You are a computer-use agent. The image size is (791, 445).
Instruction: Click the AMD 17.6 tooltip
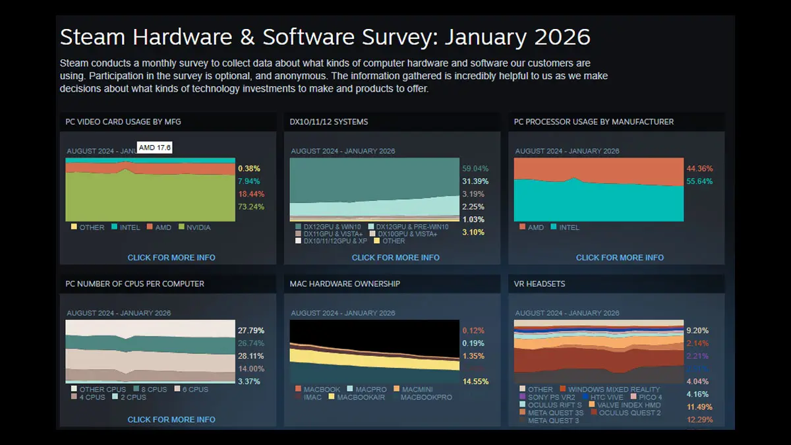[x=155, y=148]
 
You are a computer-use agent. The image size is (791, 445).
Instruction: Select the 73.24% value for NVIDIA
[x=250, y=206]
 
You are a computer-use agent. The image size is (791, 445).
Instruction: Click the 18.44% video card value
[x=250, y=194]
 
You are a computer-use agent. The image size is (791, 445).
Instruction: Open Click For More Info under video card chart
[x=171, y=257]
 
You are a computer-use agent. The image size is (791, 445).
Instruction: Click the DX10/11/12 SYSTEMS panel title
[x=329, y=122]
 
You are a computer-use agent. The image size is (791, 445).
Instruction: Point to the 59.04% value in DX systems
[x=475, y=169]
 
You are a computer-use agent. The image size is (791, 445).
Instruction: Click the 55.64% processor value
[x=699, y=181]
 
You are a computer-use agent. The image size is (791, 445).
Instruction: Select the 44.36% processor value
[x=699, y=169]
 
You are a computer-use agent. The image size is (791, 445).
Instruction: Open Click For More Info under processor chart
[x=620, y=257]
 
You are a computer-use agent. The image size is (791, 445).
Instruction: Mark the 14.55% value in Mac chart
[x=475, y=382]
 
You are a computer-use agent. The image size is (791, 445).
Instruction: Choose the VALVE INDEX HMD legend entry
[x=628, y=405]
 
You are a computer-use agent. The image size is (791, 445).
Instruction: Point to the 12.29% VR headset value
[x=699, y=420]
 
